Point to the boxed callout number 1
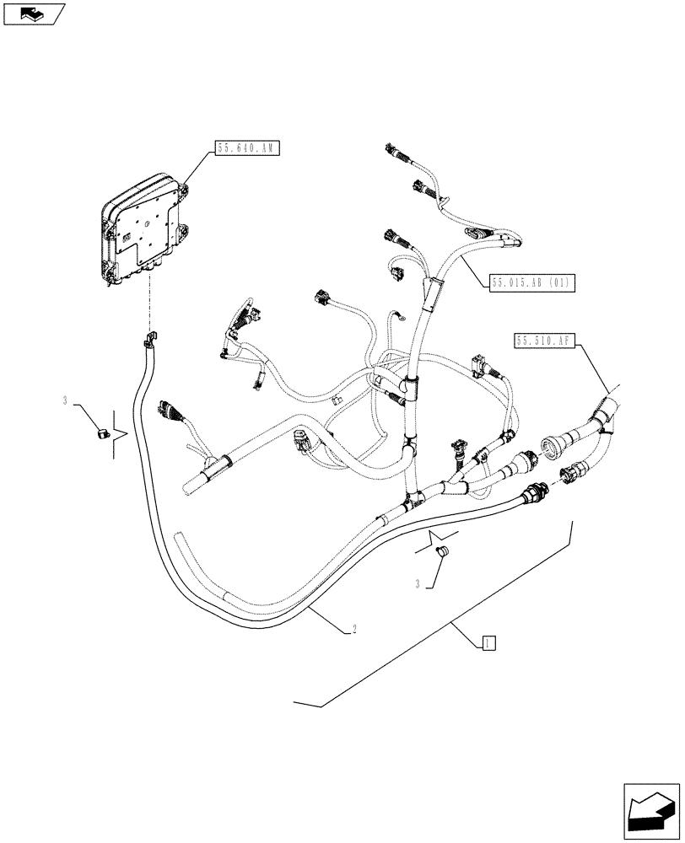point(488,643)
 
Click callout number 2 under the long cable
point(356,629)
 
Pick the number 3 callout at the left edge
point(65,401)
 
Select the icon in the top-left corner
point(34,13)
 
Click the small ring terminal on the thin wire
point(402,318)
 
